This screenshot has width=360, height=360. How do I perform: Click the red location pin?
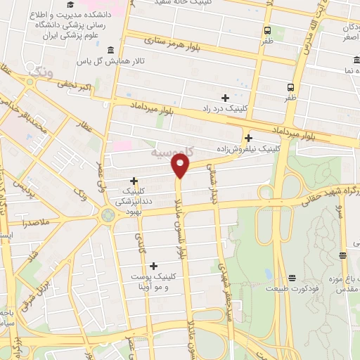(x=181, y=165)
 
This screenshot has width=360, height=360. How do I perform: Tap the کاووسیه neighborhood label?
(x=174, y=153)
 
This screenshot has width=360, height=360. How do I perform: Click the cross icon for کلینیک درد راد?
(x=225, y=98)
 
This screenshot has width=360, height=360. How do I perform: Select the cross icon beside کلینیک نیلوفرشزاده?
(x=248, y=138)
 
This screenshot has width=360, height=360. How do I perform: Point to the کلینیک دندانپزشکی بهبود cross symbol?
(x=134, y=181)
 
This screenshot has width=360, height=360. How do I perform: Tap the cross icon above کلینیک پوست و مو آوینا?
(x=153, y=265)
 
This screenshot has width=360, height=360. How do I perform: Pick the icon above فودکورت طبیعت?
(x=292, y=277)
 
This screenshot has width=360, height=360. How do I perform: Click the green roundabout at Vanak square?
(x=108, y=214)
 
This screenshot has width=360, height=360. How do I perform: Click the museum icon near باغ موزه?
(x=342, y=256)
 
